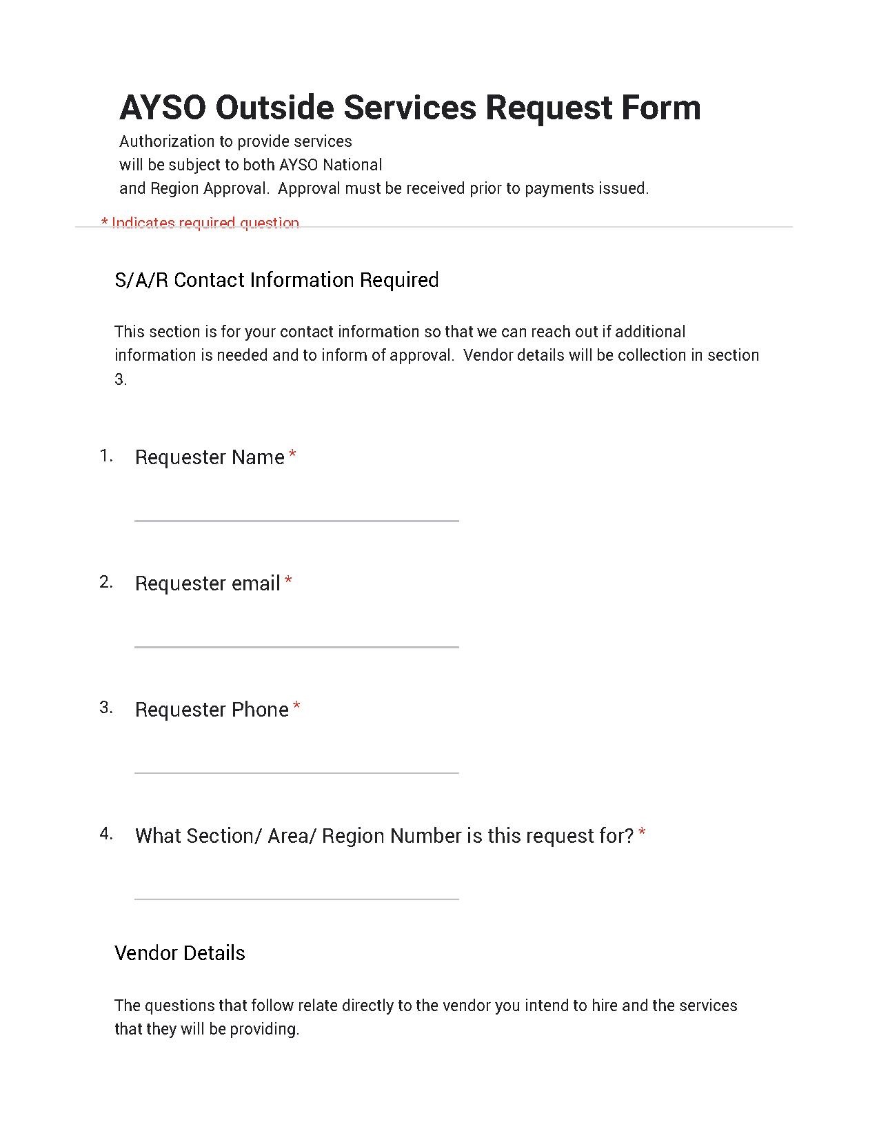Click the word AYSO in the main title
point(162,108)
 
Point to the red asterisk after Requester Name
point(293,455)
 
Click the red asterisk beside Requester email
point(288,581)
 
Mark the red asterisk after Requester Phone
point(296,707)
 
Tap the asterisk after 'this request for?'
point(642,834)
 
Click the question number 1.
point(105,456)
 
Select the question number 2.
point(105,582)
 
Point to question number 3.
point(105,708)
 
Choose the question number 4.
point(105,834)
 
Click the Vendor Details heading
point(180,953)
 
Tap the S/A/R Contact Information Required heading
point(276,280)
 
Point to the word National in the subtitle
point(352,165)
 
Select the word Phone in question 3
point(260,710)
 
